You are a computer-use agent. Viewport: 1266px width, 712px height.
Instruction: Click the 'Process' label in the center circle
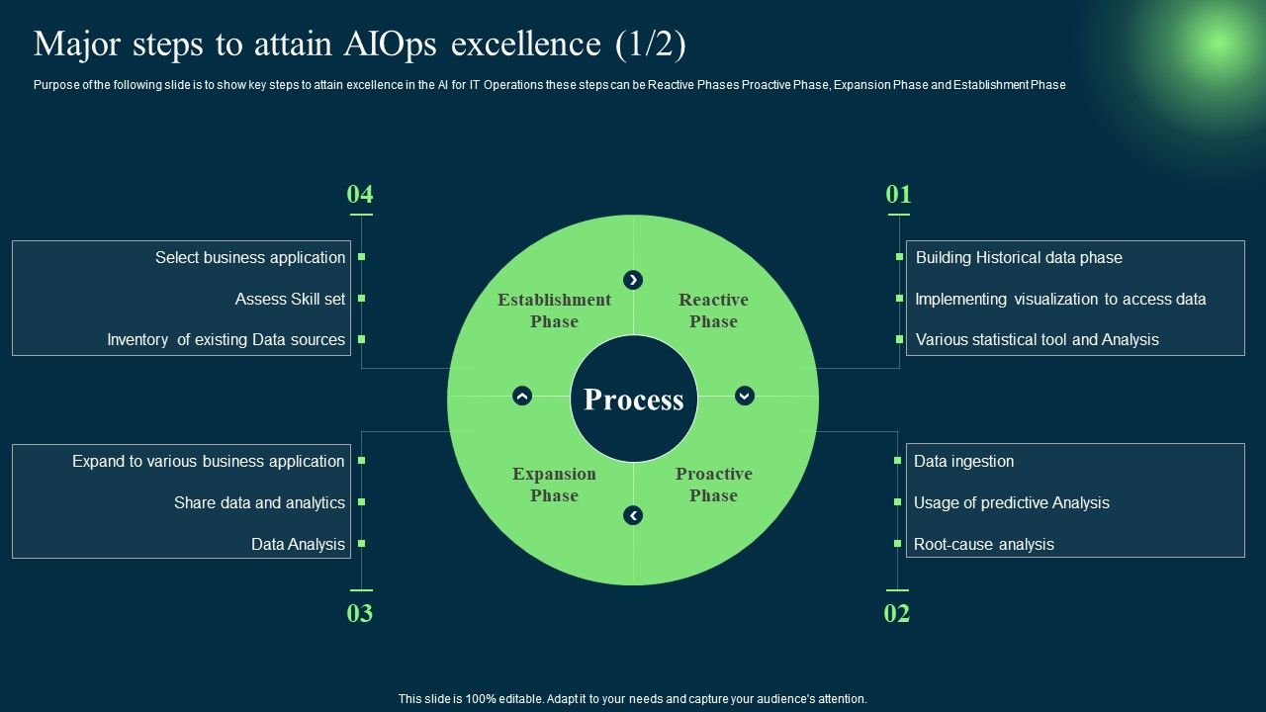point(634,400)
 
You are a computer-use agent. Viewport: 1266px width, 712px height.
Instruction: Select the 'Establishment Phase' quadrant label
point(554,311)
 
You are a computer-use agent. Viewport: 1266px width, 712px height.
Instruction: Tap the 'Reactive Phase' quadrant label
point(713,311)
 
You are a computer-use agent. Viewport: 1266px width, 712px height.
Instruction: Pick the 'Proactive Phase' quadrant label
point(713,485)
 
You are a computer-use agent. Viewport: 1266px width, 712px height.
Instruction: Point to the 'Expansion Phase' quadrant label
point(554,485)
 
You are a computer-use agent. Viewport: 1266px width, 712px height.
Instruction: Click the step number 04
point(360,195)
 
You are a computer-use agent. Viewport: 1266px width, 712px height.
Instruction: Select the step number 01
point(898,195)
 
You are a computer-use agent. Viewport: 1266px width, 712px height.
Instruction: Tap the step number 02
point(896,613)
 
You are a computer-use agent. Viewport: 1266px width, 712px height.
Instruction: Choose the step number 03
point(360,613)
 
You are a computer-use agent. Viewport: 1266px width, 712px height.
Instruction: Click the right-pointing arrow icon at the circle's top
point(633,280)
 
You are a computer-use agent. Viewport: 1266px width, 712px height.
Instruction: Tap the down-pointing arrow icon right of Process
point(745,396)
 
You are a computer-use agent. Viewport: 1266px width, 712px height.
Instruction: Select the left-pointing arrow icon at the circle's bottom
point(633,515)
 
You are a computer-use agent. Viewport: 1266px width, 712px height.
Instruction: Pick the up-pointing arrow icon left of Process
point(522,396)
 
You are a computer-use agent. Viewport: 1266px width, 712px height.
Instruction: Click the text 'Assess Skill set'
point(290,299)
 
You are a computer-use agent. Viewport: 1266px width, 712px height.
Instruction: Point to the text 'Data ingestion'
point(963,461)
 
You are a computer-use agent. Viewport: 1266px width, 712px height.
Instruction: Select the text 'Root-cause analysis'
point(983,544)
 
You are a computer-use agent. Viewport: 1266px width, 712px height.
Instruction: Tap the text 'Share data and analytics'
point(259,502)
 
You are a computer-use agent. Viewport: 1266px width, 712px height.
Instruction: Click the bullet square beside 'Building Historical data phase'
point(899,256)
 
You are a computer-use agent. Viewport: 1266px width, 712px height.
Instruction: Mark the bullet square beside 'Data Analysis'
point(362,543)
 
